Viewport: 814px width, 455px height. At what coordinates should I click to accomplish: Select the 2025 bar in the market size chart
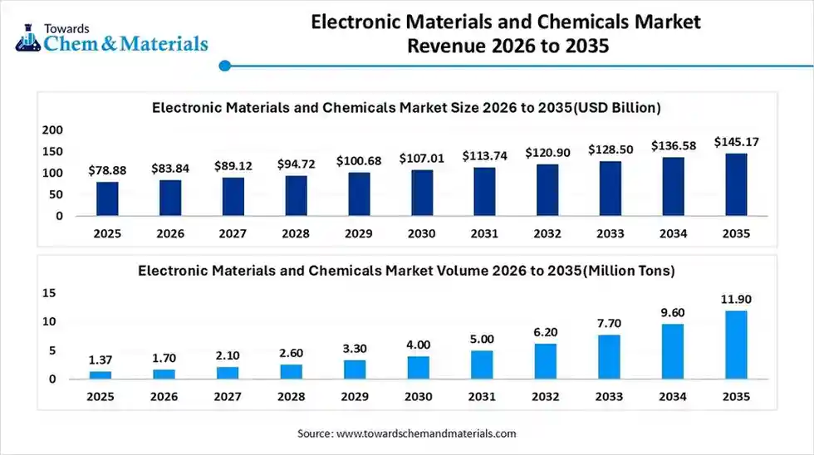pos(107,198)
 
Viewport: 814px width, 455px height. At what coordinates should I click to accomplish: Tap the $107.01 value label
pos(421,158)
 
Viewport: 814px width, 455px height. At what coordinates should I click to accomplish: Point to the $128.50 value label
pos(610,149)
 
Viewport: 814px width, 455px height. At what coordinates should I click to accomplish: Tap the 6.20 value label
pos(547,332)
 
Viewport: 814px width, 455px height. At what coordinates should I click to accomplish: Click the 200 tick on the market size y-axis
pos(52,130)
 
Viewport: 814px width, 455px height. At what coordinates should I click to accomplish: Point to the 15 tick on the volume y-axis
pos(49,293)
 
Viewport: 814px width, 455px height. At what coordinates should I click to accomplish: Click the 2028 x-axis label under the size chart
pos(295,234)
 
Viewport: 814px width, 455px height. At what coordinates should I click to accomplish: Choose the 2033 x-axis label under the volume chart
pos(610,397)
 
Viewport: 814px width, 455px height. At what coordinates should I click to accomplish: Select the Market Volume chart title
pos(406,270)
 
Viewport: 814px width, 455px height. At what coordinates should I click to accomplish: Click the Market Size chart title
pos(406,107)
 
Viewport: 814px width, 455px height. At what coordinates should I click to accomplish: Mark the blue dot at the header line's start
pos(224,65)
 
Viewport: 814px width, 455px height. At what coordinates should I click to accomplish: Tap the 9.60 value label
pos(673,312)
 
